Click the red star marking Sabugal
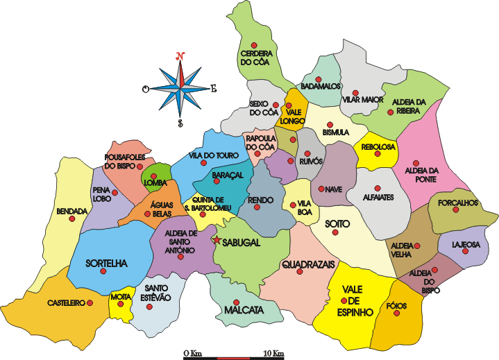tap(217, 241)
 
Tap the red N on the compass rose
tap(180, 55)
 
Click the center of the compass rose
tap(180, 88)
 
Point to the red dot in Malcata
tap(237, 302)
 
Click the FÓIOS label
tap(398, 305)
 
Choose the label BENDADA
tap(72, 211)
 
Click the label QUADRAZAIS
tap(308, 264)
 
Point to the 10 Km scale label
tap(273, 354)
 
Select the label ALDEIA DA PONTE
tap(415, 175)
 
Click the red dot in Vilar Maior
tap(355, 92)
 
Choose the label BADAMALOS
tap(321, 86)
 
